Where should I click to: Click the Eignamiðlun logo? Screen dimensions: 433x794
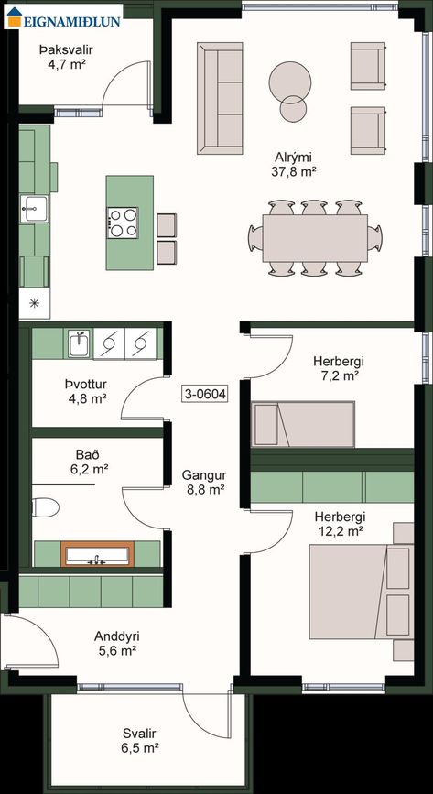coord(63,16)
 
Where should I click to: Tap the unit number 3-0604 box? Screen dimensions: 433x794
coord(205,393)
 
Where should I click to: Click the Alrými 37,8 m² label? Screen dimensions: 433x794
coord(294,164)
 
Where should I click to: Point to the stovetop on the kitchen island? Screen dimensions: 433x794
coord(123,223)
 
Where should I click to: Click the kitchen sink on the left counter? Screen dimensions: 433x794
coord(35,209)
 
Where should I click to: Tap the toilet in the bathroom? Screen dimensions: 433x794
coord(45,507)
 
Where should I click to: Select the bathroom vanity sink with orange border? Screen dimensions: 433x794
coord(97,554)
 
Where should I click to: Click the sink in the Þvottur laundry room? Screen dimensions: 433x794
coord(79,344)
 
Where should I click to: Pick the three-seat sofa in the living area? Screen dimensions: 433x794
coord(220,98)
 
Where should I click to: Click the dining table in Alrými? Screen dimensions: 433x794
coord(315,238)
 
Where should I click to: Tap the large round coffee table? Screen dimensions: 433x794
coord(289,82)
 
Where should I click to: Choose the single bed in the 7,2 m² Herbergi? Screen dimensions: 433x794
coord(303,424)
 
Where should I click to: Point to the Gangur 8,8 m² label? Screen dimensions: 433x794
coord(203,483)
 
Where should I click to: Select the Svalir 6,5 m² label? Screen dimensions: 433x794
coord(139,740)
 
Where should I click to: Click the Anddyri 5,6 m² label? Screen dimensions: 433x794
coord(116,643)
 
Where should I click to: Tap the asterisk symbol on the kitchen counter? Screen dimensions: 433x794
coord(35,303)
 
